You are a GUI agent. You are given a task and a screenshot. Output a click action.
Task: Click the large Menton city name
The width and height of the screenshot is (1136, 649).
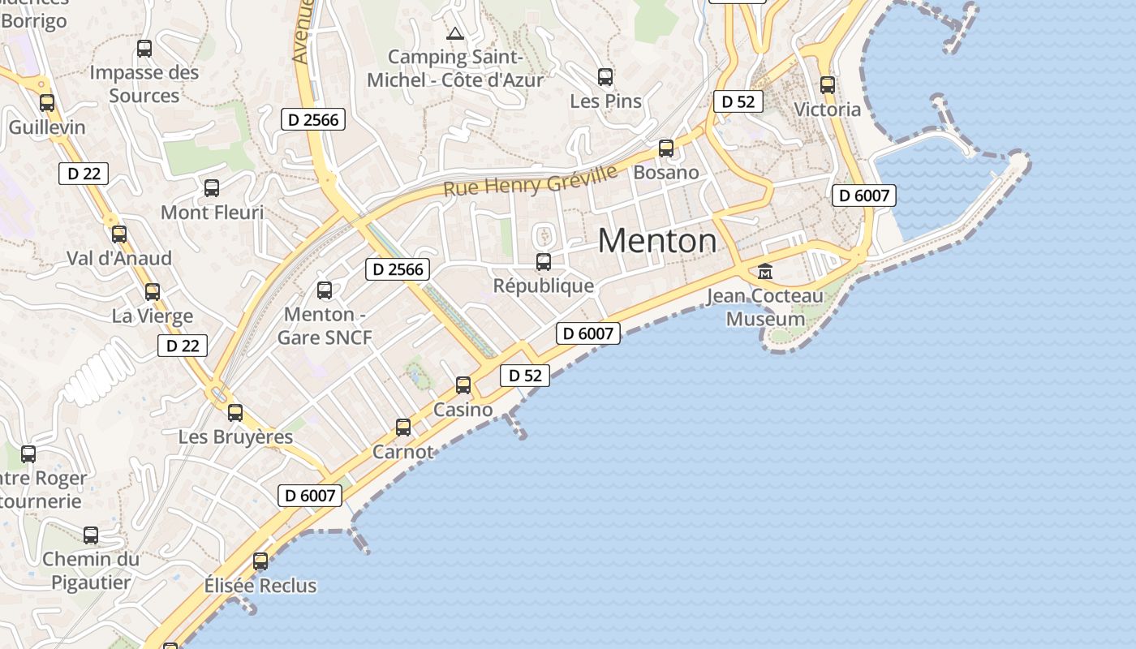[x=657, y=241]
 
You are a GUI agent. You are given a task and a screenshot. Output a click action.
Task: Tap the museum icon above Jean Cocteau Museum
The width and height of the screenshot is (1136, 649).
[x=764, y=272]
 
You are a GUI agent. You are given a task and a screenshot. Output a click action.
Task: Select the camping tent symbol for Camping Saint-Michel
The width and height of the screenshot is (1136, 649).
[x=454, y=33]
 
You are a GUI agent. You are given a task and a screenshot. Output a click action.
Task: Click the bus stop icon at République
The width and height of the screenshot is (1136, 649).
[x=544, y=262]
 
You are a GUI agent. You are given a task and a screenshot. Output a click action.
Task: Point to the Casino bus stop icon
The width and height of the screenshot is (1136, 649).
[x=463, y=385]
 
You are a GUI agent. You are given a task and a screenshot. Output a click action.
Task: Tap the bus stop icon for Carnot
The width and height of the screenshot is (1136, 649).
[x=403, y=428]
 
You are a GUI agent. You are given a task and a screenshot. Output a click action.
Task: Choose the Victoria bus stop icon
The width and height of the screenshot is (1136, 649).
[x=828, y=84]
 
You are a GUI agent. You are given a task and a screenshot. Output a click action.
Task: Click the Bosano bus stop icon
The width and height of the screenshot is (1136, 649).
[x=666, y=148]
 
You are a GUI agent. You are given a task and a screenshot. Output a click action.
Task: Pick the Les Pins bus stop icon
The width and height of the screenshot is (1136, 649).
[x=605, y=77]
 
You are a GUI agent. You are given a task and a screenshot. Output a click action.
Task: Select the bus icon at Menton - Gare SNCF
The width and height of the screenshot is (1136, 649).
[x=325, y=290]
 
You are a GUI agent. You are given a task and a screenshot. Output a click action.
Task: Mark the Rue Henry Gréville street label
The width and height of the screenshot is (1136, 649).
[x=531, y=181]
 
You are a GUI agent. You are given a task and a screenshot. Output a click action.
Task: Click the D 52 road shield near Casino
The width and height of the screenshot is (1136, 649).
[x=525, y=376]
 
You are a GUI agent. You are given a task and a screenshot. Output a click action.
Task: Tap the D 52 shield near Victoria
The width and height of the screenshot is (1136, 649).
[x=738, y=101]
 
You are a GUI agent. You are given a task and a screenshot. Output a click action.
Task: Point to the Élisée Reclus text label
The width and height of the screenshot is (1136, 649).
[x=260, y=585]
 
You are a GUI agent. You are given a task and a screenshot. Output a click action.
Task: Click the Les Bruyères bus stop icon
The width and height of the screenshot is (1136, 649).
[x=235, y=413]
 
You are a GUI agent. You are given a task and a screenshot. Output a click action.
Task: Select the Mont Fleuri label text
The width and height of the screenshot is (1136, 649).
[x=213, y=213]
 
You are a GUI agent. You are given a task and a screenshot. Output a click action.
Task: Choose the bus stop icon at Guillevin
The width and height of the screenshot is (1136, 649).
[x=47, y=103]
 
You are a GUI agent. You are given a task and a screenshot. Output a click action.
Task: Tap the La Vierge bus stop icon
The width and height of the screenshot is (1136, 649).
[x=153, y=292]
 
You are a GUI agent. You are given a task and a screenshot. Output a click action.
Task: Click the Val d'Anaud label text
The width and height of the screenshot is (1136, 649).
[x=119, y=258]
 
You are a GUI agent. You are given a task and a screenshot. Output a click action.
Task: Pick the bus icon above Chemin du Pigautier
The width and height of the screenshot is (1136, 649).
[x=91, y=535]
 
